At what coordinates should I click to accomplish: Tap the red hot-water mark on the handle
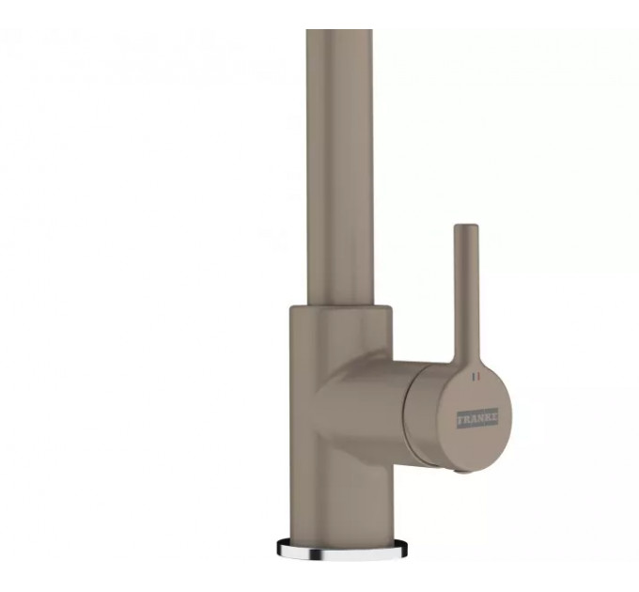click(x=479, y=377)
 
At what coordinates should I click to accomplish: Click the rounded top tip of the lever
click(x=466, y=226)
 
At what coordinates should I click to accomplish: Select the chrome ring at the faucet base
click(x=342, y=547)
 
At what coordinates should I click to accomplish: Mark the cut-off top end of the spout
click(x=339, y=30)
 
